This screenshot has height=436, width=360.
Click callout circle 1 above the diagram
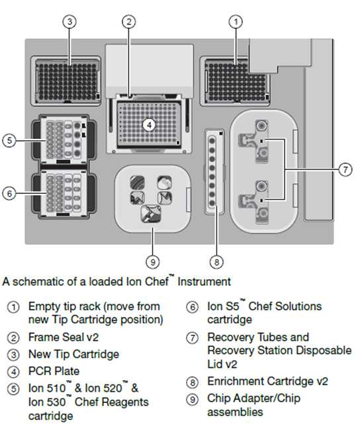tap(236, 22)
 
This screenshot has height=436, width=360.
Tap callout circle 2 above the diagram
tap(128, 22)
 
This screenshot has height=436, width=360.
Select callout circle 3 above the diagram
tap(69, 22)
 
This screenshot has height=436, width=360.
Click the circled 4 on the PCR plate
tap(149, 125)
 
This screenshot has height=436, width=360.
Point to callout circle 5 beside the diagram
tap(9, 140)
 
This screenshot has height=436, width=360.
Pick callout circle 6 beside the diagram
tap(9, 193)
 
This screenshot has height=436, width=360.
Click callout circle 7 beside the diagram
tap(345, 169)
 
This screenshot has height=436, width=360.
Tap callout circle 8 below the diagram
tap(216, 261)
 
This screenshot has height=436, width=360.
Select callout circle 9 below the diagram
tap(152, 261)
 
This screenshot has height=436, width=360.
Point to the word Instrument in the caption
tap(204, 282)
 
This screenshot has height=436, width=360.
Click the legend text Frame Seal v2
tap(64, 337)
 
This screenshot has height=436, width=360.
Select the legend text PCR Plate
tap(54, 371)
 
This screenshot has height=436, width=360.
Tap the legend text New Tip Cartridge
tap(73, 355)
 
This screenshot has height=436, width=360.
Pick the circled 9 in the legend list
tap(192, 400)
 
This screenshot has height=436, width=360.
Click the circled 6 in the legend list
tap(192, 308)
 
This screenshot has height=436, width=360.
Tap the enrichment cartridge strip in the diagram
tap(214, 171)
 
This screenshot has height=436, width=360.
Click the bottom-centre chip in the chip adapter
tap(151, 214)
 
